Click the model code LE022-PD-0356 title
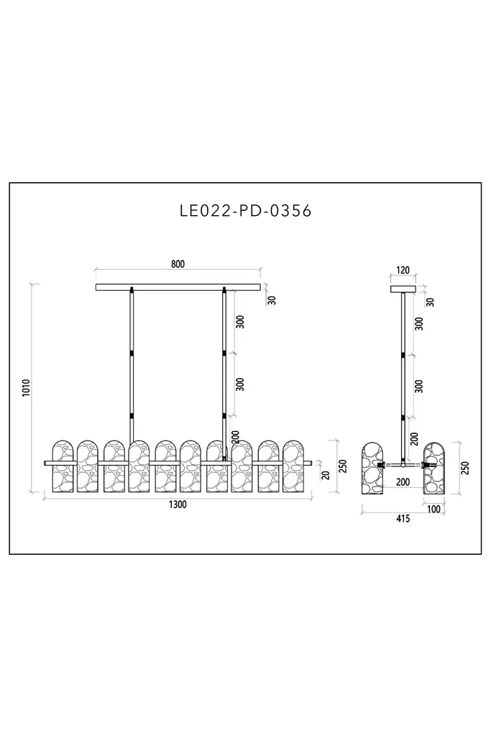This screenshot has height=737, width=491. click(246, 211)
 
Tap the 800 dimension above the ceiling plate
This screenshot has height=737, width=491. click(178, 263)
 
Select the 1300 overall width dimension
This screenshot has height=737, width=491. click(178, 505)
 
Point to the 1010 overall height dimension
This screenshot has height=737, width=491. click(27, 387)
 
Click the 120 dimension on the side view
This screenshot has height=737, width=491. click(403, 271)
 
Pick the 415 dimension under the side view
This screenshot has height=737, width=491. click(403, 518)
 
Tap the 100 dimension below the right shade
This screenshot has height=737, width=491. click(433, 509)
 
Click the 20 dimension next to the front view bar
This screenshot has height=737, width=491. click(326, 474)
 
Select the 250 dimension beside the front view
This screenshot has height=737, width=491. click(343, 466)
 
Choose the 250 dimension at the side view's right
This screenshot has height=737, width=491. click(465, 468)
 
